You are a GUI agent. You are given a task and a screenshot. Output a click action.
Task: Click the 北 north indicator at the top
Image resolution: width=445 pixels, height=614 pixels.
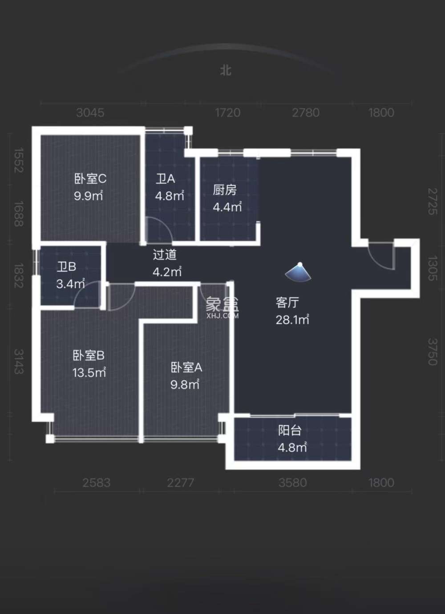226,70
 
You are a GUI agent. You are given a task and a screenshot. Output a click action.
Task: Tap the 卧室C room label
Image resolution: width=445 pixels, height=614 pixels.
90,179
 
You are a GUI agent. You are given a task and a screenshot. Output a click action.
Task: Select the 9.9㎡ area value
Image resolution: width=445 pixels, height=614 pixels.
89,196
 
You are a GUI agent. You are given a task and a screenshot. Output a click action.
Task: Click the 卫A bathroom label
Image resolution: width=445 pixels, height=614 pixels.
165,179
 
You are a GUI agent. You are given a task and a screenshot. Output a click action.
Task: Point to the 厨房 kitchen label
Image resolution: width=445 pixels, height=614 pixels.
224,190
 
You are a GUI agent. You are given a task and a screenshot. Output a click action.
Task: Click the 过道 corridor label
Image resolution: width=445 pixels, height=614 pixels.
165,254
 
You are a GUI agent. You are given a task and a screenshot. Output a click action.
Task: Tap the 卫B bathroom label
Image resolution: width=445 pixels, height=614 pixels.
66,267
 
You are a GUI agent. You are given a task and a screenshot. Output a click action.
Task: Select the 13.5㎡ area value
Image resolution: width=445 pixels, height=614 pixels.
89,372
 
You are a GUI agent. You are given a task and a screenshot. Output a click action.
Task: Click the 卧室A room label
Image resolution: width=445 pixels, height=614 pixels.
186,368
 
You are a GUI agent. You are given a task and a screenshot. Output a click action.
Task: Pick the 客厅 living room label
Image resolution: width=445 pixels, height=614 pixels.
287,303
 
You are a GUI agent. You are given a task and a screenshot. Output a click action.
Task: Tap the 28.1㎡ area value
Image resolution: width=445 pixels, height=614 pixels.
292,320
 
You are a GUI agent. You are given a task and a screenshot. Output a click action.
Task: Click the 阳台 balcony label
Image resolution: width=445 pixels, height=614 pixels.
290,430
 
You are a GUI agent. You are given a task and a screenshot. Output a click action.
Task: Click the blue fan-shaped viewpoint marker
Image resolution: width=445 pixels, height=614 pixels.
299,272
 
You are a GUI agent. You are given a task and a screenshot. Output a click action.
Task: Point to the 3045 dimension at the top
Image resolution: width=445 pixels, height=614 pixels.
90,113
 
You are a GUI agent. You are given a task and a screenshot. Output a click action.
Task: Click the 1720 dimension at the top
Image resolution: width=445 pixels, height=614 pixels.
227,113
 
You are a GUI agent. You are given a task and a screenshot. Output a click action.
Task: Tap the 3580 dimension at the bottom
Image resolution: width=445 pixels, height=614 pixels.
292,483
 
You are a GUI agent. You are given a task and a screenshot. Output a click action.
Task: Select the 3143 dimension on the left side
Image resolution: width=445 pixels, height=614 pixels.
18,361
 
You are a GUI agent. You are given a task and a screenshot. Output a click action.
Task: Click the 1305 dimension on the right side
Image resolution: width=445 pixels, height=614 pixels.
432,268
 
